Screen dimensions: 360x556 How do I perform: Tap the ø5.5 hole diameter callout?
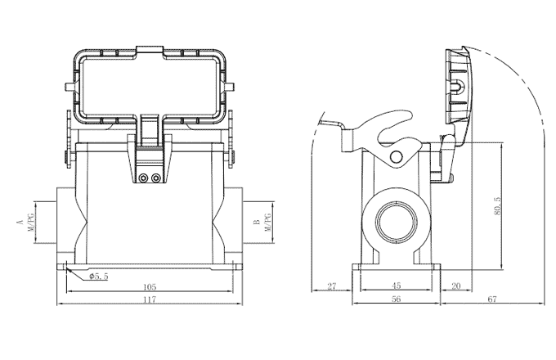pyautogui.click(x=98, y=277)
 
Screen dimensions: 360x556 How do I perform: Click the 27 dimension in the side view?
pyautogui.click(x=331, y=286)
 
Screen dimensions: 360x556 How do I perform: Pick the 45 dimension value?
pyautogui.click(x=396, y=286)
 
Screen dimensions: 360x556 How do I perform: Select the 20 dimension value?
pyautogui.click(x=456, y=286)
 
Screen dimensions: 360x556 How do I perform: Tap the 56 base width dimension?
pyautogui.click(x=396, y=299)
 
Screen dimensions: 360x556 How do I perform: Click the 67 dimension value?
pyautogui.click(x=492, y=299)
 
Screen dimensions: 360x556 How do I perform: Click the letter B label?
pyautogui.click(x=257, y=222)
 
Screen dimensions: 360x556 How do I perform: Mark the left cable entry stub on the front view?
pyautogui.click(x=65, y=222)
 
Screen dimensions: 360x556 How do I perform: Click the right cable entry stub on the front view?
pyautogui.click(x=236, y=222)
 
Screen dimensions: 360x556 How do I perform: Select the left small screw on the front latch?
pyautogui.click(x=144, y=178)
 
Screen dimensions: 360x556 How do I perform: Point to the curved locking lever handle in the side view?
pyautogui.click(x=384, y=131)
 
